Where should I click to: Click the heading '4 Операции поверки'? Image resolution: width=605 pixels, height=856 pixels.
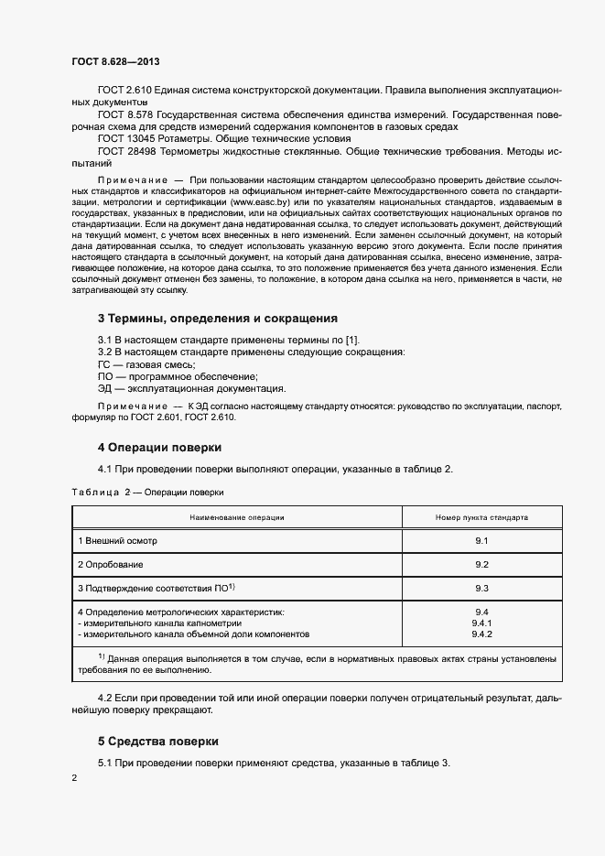[x=159, y=448]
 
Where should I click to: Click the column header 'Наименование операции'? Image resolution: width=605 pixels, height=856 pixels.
[x=237, y=517]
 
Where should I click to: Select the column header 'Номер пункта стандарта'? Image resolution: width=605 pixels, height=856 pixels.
[x=481, y=517]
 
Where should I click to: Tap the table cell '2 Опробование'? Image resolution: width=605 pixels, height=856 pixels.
[x=110, y=564]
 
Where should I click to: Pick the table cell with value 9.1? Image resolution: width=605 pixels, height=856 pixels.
[x=481, y=542]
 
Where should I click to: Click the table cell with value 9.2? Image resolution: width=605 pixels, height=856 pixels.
[x=481, y=564]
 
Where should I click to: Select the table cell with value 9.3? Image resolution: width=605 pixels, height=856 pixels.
[x=481, y=588]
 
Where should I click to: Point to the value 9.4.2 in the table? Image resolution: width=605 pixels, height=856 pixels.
[x=481, y=634]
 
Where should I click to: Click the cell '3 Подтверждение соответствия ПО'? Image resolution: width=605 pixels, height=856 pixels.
[x=157, y=588]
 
